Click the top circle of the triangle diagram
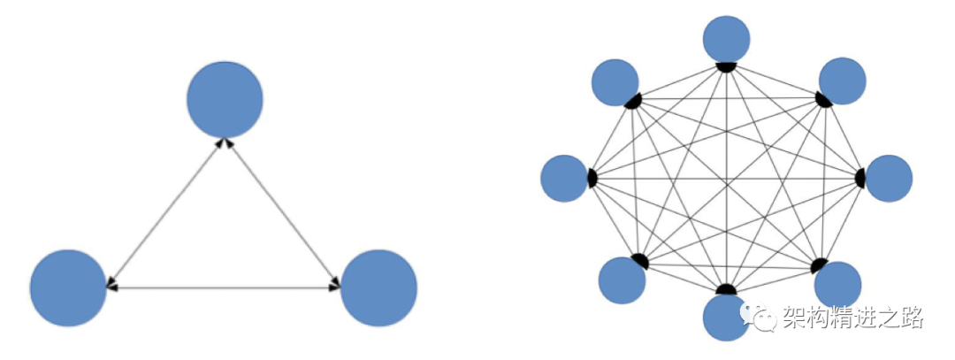click(x=225, y=98)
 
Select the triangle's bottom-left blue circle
click(x=68, y=287)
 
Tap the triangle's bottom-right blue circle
click(x=378, y=287)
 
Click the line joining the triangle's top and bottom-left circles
click(x=166, y=213)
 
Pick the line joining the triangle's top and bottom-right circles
click(x=283, y=213)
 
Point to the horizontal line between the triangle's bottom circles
click(x=224, y=287)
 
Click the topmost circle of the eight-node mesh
click(x=727, y=39)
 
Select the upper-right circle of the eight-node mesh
click(x=842, y=80)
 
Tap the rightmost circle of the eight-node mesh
click(x=889, y=178)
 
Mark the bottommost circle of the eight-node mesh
click(x=726, y=317)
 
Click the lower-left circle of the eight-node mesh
click(x=622, y=280)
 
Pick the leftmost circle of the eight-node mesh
click(x=564, y=178)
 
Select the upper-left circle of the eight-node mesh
click(x=615, y=81)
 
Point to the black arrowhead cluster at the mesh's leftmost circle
click(x=592, y=178)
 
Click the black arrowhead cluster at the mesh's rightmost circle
click(x=859, y=178)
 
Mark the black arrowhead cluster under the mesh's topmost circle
click(x=727, y=67)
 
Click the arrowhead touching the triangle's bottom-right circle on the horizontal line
click(x=337, y=287)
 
